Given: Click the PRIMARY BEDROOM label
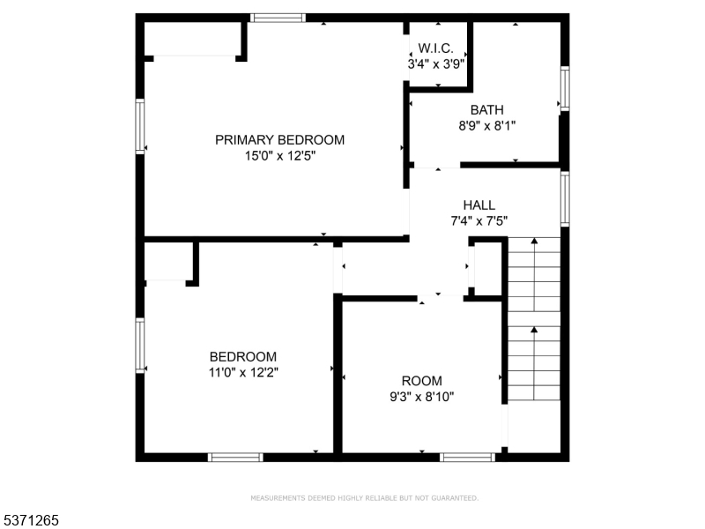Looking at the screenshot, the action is coord(279,140).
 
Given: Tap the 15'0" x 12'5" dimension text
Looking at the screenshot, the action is coord(280,156).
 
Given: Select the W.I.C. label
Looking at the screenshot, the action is coord(435,48).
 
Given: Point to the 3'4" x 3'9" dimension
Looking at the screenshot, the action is coord(435,64).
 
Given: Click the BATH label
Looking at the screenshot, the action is coord(487,109).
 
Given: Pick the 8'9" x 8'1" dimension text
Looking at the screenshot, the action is coord(487,125).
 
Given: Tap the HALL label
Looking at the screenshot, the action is coord(479,205).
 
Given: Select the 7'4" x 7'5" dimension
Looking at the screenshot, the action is coord(479,221).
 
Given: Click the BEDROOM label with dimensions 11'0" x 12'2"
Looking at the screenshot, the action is coord(243,357).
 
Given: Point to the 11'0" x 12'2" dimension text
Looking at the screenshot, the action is coord(243,373).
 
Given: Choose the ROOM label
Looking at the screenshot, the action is coord(422,381).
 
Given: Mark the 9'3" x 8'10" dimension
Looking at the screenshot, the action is coord(422,398).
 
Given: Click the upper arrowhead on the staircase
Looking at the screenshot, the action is coord(534,241).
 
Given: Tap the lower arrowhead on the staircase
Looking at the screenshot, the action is coord(534,330).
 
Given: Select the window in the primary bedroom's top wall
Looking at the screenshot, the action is coord(278,18).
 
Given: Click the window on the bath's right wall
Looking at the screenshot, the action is coord(565,89).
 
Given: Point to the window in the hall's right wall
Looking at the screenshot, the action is coord(565,199).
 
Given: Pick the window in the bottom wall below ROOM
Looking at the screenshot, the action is coord(467,458).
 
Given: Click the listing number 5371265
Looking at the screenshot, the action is coord(30,520).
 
